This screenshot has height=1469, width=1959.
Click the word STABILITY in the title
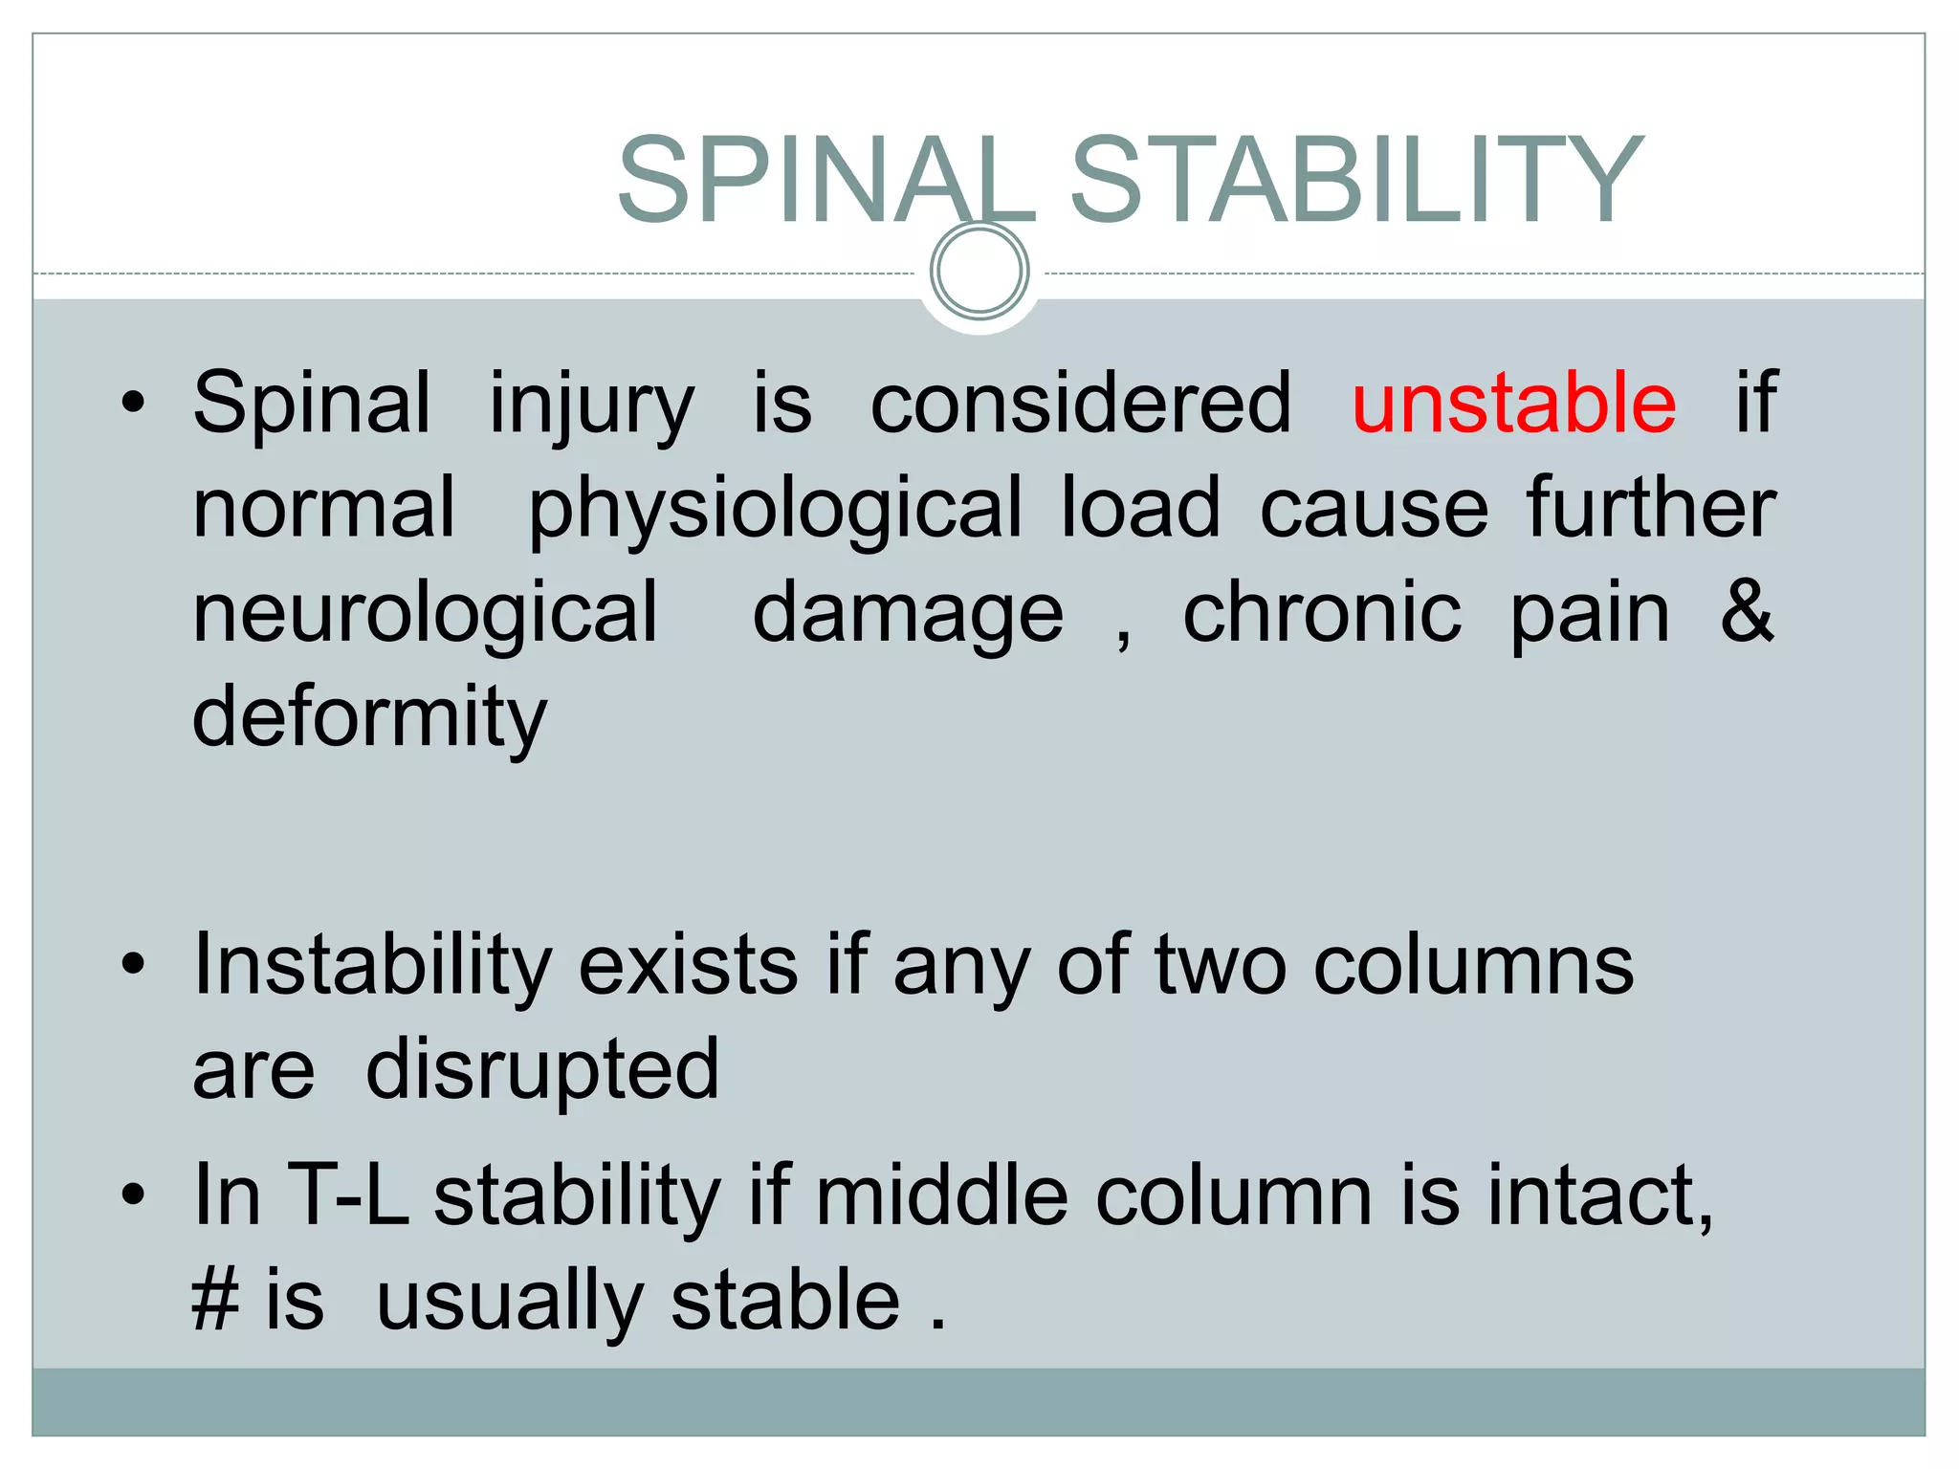pos(1355,181)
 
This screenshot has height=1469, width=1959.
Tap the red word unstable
pos(1513,403)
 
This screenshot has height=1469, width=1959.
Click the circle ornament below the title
pos(979,271)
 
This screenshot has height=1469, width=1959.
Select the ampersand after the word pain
pos(1747,611)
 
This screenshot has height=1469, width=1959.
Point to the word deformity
pos(369,717)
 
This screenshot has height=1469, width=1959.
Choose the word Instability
pos(373,966)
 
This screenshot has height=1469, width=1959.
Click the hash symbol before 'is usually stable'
pos(214,1301)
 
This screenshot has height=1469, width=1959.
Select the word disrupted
pos(541,1069)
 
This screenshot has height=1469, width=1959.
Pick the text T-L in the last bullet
pos(348,1195)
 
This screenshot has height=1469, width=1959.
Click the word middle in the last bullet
pos(941,1195)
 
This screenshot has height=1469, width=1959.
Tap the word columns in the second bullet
pos(1473,966)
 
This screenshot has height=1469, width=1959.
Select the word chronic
pos(1322,612)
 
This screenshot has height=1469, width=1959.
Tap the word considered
pos(1081,403)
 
